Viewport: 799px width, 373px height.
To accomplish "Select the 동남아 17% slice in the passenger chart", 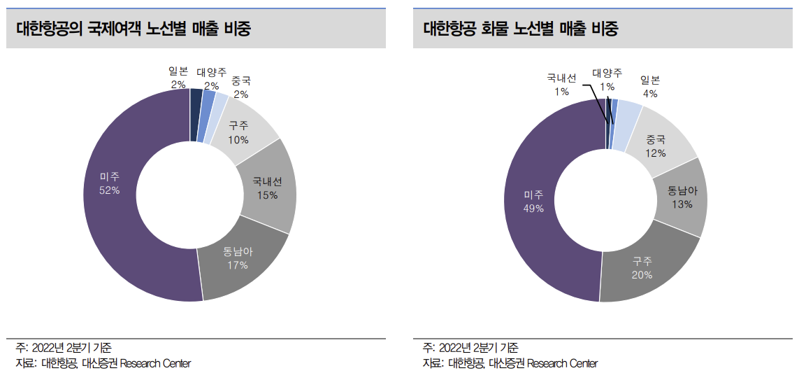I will [238, 258].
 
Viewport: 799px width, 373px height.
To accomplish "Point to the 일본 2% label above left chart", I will [178, 78].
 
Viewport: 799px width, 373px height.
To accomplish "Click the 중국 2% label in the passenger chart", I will [241, 88].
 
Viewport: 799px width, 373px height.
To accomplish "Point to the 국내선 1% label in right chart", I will [561, 85].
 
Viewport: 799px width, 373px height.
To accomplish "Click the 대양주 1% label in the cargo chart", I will [607, 80].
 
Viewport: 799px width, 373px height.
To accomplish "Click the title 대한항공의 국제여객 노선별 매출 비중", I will [134, 29].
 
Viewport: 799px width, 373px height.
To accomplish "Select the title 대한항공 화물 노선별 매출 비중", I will [521, 29].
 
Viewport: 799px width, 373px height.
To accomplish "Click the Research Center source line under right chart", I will [510, 363].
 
